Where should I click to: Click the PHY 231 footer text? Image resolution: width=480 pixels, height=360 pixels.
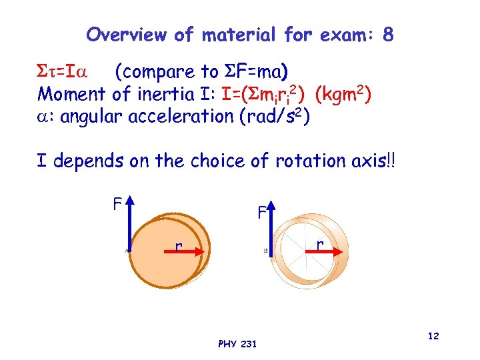coord(236,344)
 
